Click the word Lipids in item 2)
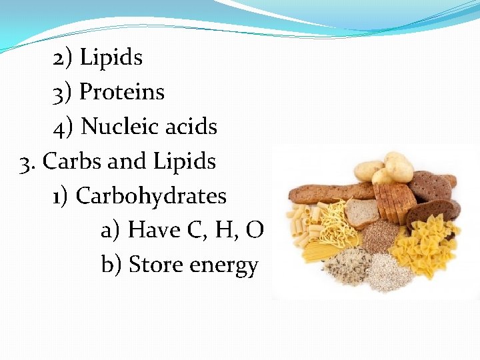point(111,58)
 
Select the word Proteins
point(121,92)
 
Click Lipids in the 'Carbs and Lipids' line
point(185,161)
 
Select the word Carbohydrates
point(151,196)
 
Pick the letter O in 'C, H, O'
point(255,231)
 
